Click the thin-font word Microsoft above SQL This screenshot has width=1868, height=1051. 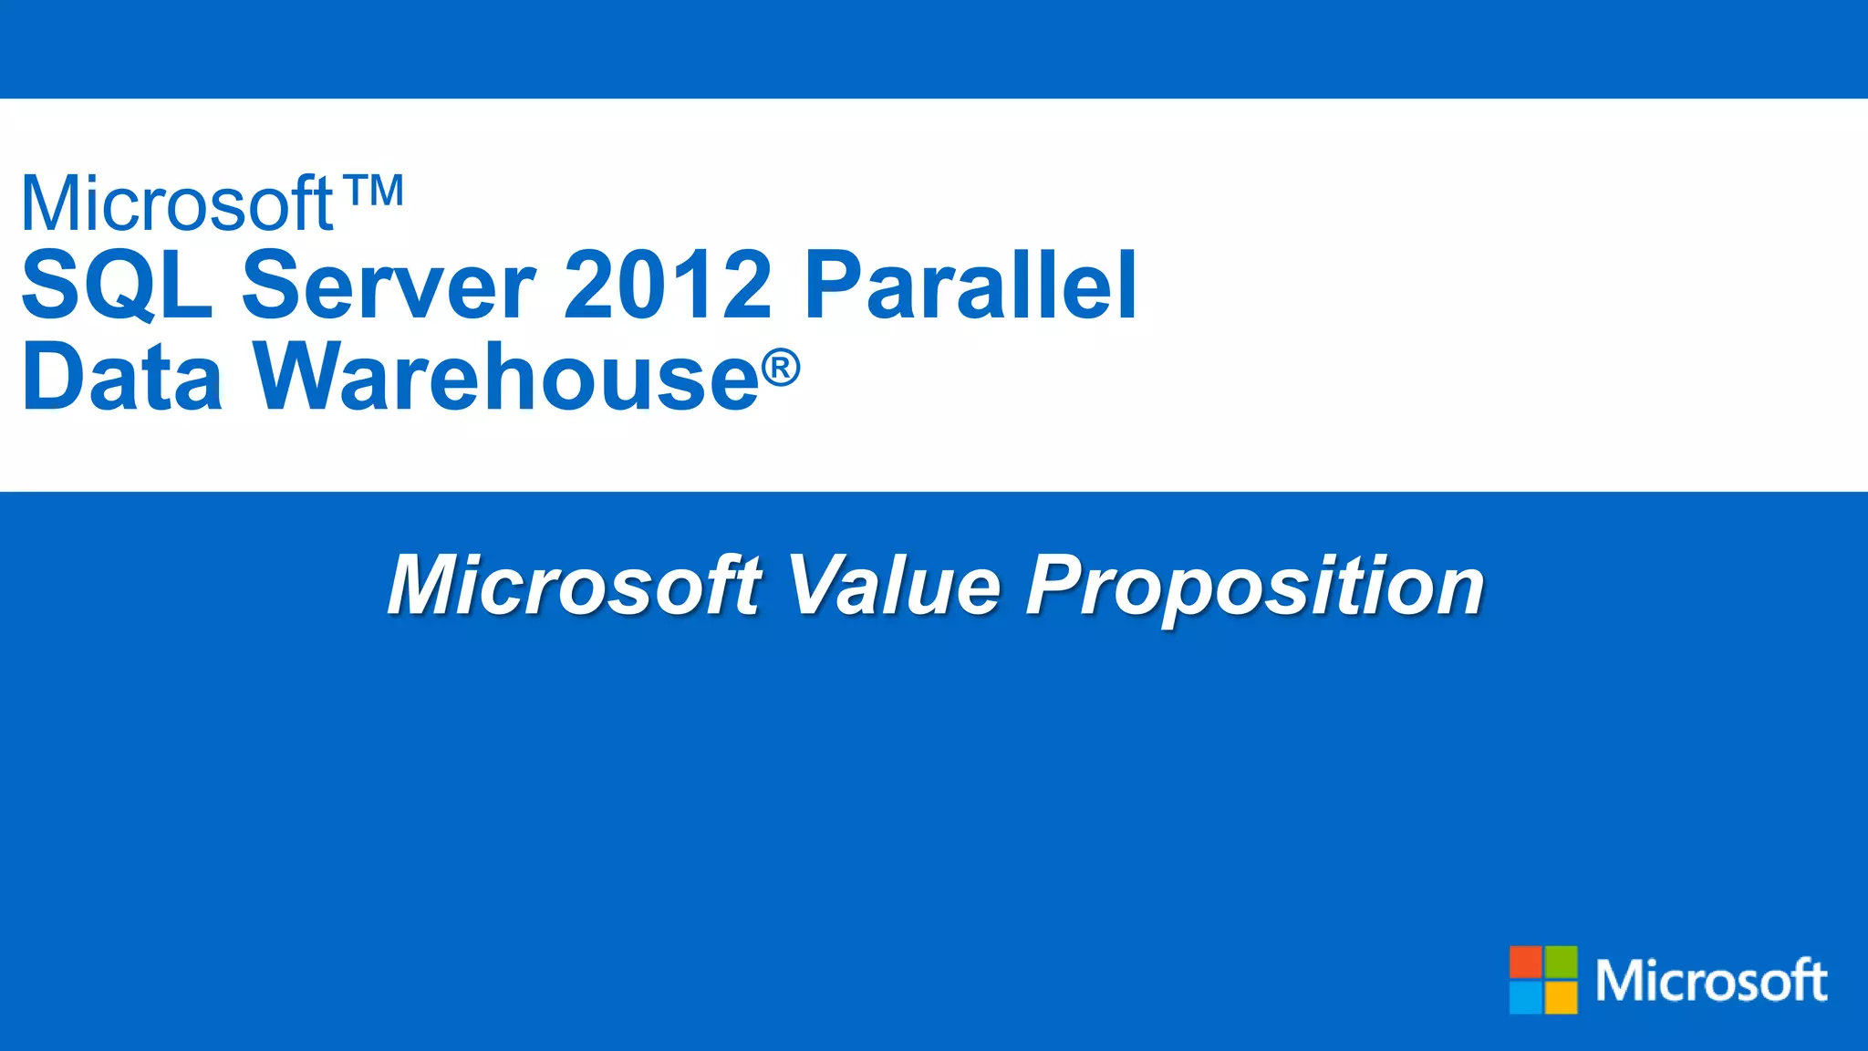pos(178,203)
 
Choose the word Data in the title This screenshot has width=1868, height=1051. pos(122,376)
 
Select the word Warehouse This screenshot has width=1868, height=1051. pos(506,376)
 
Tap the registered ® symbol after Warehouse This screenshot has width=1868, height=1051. pos(781,368)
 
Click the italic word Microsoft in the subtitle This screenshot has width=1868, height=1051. pos(575,586)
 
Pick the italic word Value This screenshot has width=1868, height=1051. pos(894,586)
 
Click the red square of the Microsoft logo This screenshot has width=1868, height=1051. pos(1525,962)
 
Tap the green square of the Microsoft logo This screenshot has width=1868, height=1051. pos(1561,962)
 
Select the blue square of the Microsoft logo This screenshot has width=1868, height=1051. pos(1525,997)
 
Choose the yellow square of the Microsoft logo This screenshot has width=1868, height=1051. pos(1561,997)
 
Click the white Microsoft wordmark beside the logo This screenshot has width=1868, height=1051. pos(1711,981)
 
